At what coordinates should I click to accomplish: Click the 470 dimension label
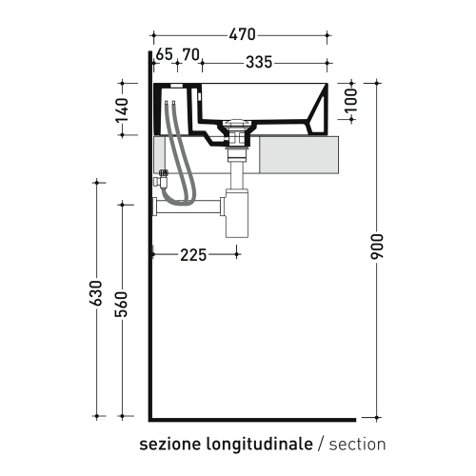pos(242,34)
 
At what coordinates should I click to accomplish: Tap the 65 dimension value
pos(165,54)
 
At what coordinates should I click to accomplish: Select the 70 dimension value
pos(191,54)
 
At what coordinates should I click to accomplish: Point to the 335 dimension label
pos(259,62)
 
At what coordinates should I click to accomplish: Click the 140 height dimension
pos(122,110)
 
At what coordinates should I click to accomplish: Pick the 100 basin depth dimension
pos(350,100)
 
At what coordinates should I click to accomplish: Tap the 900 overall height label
pos(377,247)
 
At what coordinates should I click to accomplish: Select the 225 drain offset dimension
pos(193,255)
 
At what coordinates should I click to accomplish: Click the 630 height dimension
pos(96,293)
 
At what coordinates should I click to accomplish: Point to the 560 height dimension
pos(122,305)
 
